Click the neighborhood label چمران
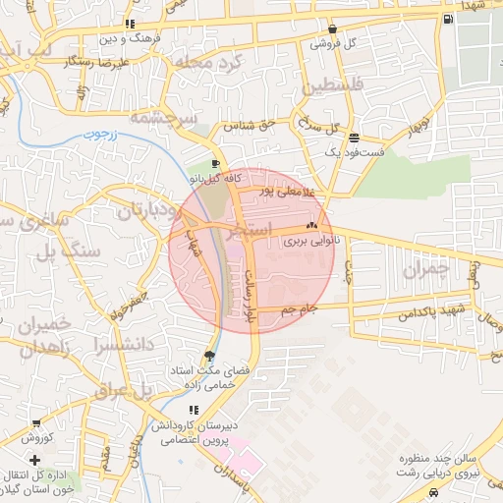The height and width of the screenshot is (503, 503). click(x=432, y=267)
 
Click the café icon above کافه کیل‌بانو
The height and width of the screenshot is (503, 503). click(x=215, y=164)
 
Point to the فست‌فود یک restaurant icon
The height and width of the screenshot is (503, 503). click(x=353, y=138)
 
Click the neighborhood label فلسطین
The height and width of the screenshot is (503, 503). click(x=337, y=87)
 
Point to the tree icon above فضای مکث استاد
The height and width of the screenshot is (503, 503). click(x=208, y=356)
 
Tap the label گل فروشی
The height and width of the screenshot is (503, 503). click(x=333, y=43)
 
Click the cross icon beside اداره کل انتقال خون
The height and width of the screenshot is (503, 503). click(x=35, y=460)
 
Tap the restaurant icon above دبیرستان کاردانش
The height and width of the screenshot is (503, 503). click(x=193, y=409)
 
